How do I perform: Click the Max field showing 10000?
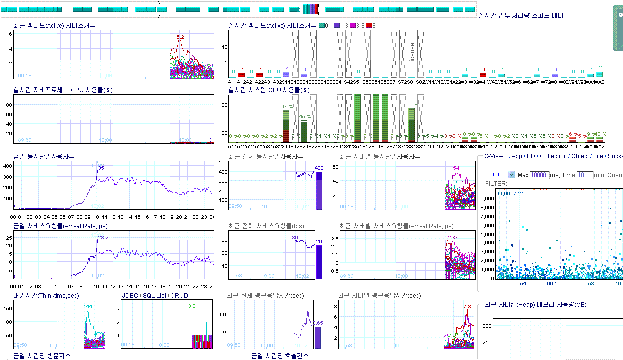click(540, 175)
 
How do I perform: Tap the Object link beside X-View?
click(580, 156)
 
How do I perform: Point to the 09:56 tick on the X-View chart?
click(554, 283)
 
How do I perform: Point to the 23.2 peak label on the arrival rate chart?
click(103, 238)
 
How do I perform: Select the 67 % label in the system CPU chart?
click(287, 107)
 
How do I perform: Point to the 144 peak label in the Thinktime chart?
click(88, 307)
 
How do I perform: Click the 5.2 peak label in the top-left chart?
click(180, 37)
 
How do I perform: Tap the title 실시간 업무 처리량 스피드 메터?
click(520, 16)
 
